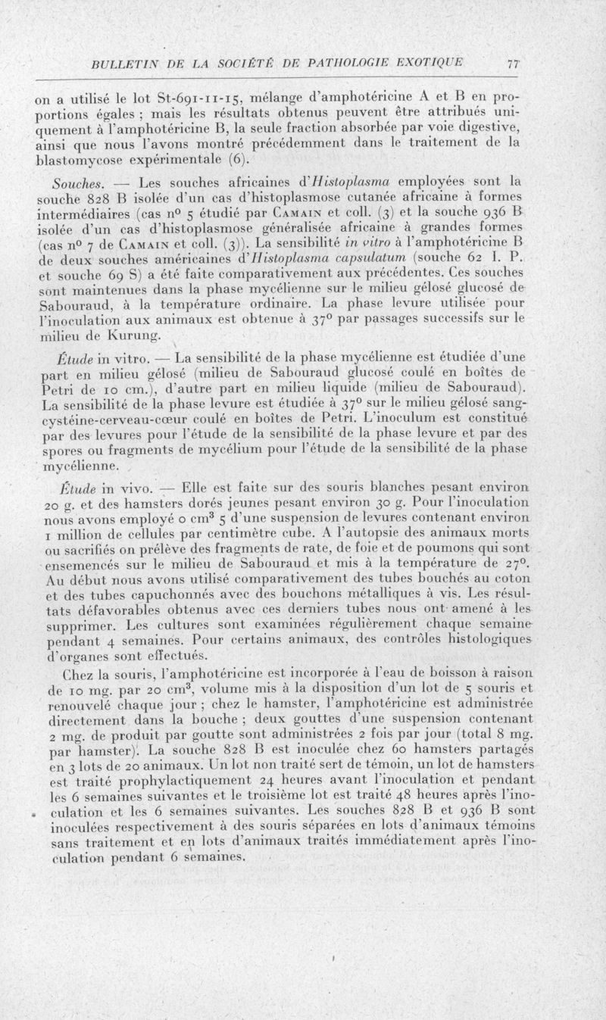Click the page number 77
point(512,65)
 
